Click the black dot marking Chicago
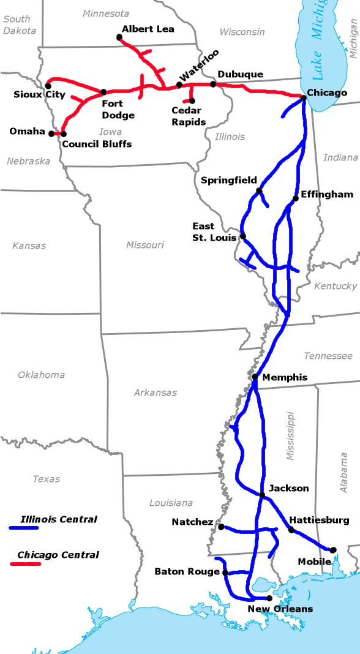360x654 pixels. [303, 97]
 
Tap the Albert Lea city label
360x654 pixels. [148, 29]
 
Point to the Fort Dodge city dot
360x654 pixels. [103, 92]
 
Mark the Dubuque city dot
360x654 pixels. [213, 84]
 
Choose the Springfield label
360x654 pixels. [228, 180]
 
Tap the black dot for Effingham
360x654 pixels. [296, 198]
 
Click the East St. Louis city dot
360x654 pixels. [243, 236]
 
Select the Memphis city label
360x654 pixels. [285, 377]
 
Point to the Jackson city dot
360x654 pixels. [262, 495]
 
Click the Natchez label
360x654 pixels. [192, 522]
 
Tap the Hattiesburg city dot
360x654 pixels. [291, 529]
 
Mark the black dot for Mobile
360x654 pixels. [333, 550]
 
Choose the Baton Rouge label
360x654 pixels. [187, 571]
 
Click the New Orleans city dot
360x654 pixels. [269, 598]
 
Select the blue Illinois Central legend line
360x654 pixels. [24, 527]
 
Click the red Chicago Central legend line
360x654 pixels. [25, 563]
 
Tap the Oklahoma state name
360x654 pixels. [41, 375]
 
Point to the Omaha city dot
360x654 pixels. [51, 133]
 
